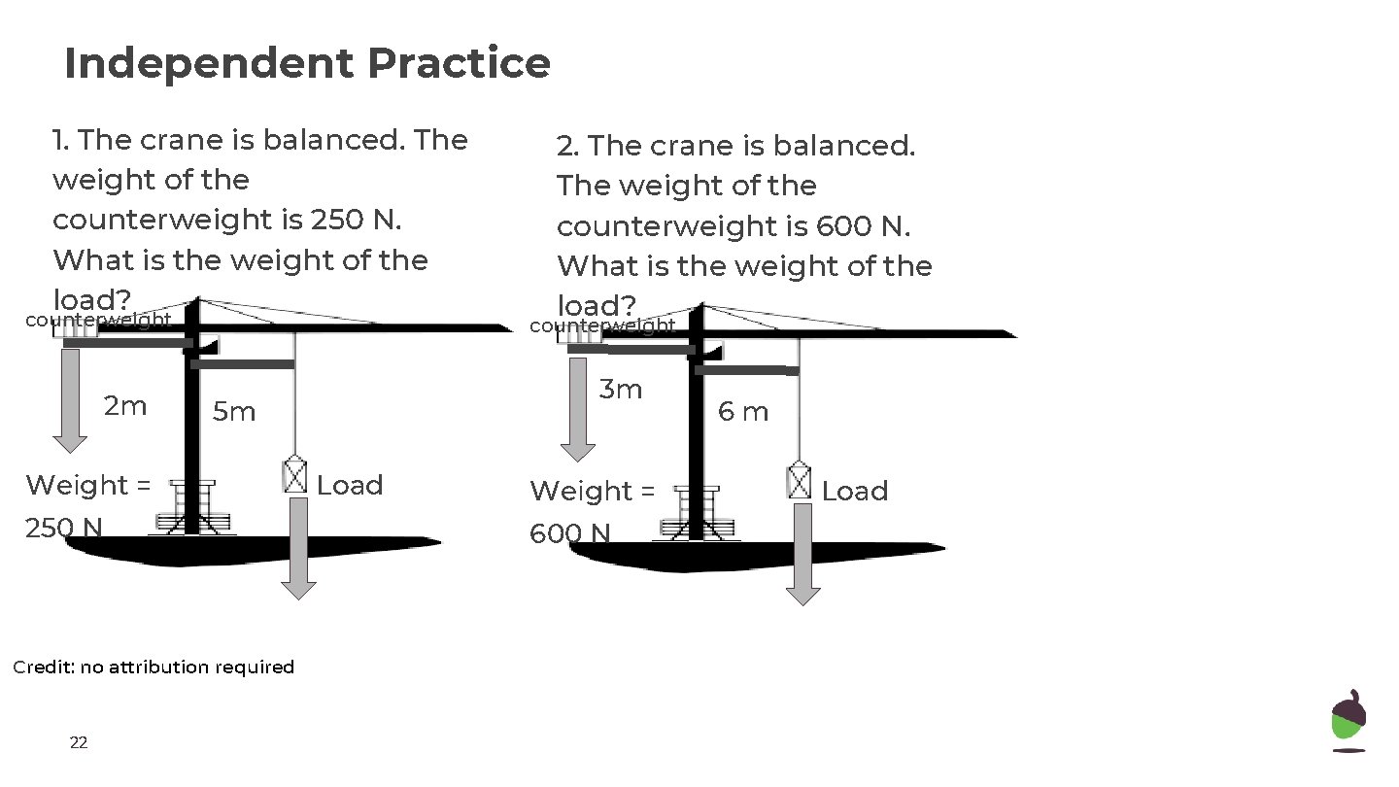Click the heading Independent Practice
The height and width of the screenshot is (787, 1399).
(x=307, y=64)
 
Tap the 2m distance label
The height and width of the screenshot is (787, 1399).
(x=125, y=406)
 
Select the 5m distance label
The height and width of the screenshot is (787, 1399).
(x=234, y=412)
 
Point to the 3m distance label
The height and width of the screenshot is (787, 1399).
(x=621, y=390)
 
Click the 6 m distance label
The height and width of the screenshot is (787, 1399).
(x=743, y=412)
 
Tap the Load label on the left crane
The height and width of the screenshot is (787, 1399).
(x=350, y=485)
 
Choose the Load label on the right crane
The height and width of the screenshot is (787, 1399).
(x=855, y=492)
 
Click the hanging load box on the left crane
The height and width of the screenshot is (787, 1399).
(x=294, y=474)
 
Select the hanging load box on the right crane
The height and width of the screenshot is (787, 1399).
(x=799, y=480)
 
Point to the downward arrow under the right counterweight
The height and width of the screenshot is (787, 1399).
(x=578, y=409)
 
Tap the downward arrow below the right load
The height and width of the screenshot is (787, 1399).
(x=803, y=555)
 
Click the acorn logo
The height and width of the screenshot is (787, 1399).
(x=1348, y=721)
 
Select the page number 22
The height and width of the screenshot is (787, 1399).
(x=79, y=743)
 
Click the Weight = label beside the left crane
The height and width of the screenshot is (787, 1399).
(x=88, y=485)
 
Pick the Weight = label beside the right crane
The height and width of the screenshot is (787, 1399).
(x=593, y=492)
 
